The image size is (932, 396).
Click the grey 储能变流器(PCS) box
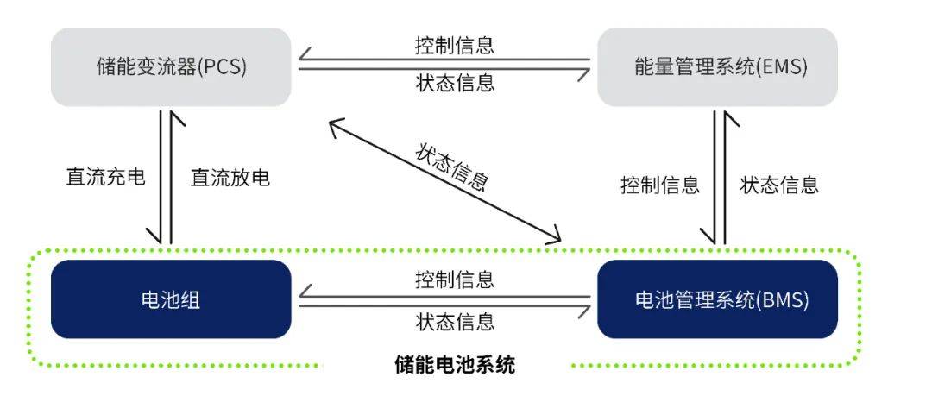[171, 66]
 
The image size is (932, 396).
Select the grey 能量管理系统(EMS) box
[717, 66]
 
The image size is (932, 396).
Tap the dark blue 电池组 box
[171, 299]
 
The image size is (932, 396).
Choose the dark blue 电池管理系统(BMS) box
[717, 299]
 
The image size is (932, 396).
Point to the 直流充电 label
[105, 178]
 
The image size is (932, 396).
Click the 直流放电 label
[230, 178]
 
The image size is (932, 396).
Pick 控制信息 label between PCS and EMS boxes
[455, 45]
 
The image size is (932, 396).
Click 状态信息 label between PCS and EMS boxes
[455, 83]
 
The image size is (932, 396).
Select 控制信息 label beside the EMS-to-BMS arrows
[659, 185]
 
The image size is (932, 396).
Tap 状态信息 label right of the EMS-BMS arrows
[779, 185]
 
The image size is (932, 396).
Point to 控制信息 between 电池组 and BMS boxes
[455, 280]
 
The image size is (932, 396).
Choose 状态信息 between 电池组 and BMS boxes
[455, 322]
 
